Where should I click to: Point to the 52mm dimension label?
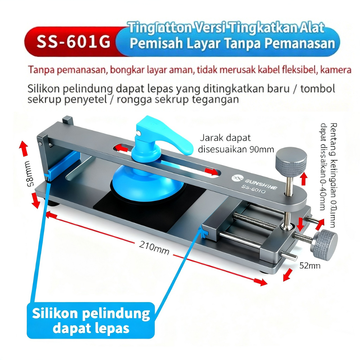pyautogui.click(x=310, y=266)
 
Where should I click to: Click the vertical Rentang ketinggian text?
pyautogui.click(x=328, y=173)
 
